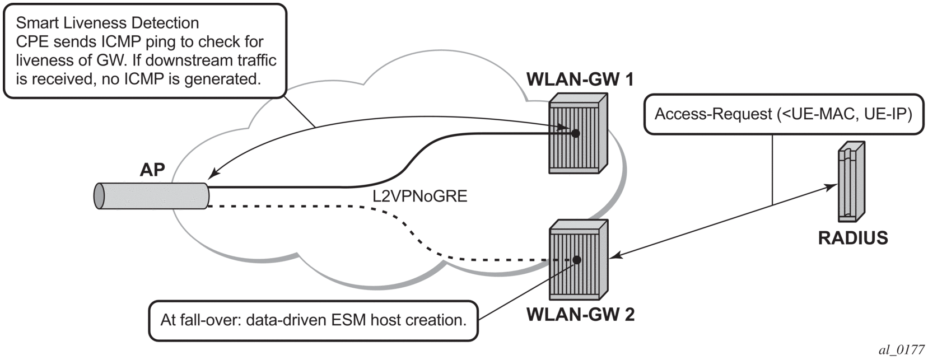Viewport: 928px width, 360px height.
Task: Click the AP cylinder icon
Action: pyautogui.click(x=151, y=196)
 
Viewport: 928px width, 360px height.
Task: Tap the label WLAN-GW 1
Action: pyautogui.click(x=580, y=80)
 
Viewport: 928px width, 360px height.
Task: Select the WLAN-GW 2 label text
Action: pyautogui.click(x=580, y=315)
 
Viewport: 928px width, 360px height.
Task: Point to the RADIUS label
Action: pyautogui.click(x=852, y=238)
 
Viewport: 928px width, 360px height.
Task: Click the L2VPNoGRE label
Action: pyautogui.click(x=419, y=197)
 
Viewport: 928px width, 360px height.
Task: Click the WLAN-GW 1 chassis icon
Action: pyautogui.click(x=578, y=133)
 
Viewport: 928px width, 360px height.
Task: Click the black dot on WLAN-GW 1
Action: pyautogui.click(x=575, y=133)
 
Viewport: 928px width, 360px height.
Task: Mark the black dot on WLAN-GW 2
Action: pyautogui.click(x=577, y=260)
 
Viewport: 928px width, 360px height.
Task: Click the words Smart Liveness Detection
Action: pyautogui.click(x=107, y=23)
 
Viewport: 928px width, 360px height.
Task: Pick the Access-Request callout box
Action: pyautogui.click(x=783, y=114)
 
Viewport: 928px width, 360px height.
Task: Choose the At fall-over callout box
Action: pyautogui.click(x=313, y=321)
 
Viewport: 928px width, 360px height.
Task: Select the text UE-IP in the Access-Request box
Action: pyautogui.click(x=887, y=114)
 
